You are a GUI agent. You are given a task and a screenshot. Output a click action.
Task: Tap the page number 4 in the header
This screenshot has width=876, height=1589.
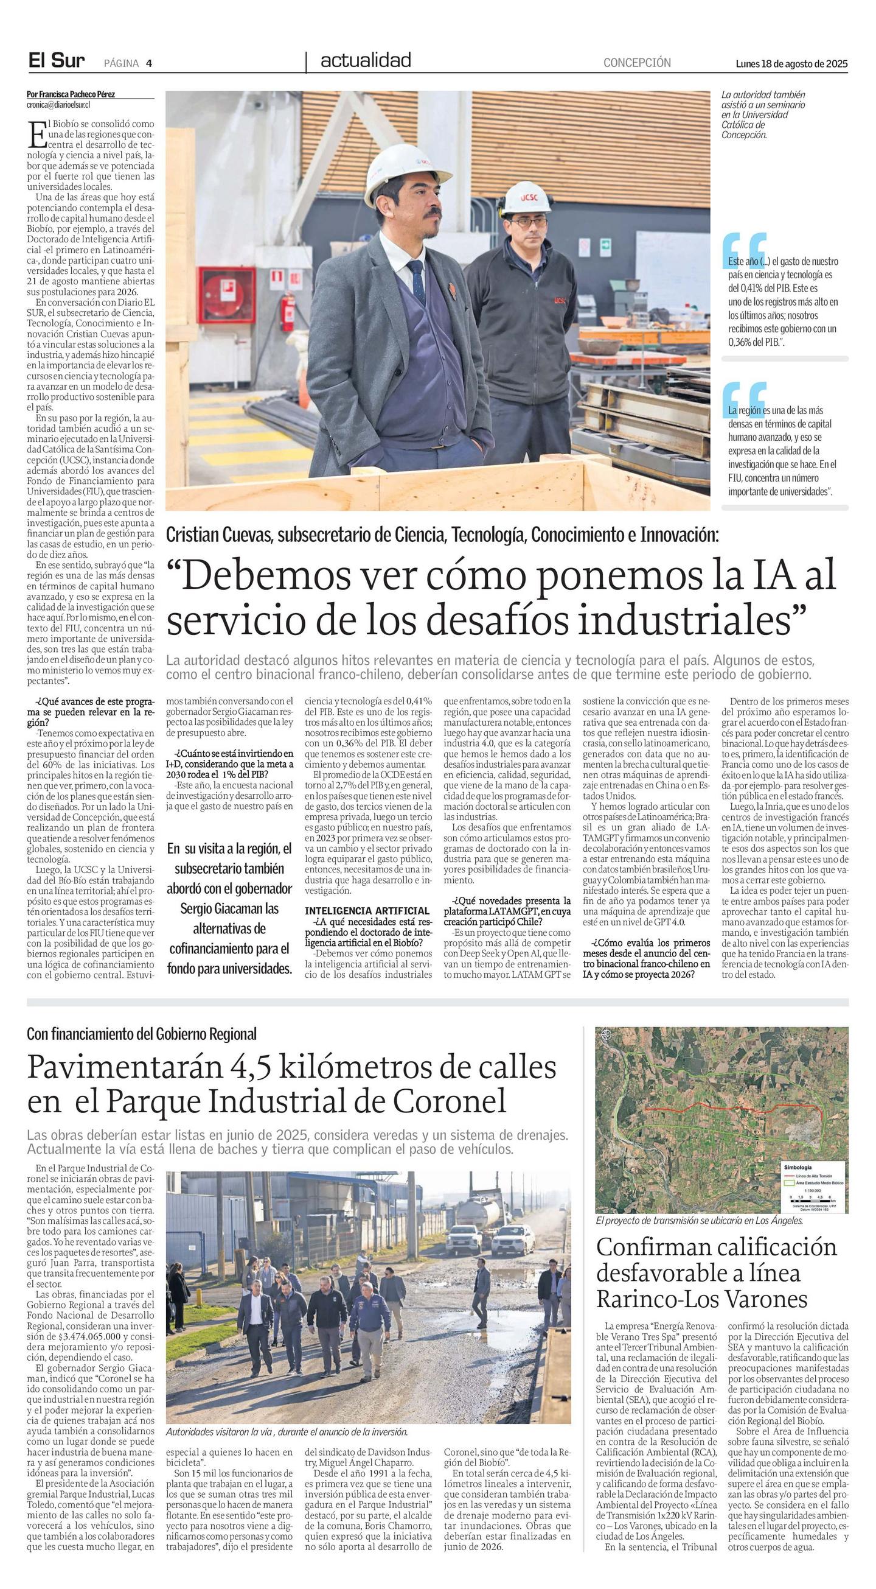(x=149, y=63)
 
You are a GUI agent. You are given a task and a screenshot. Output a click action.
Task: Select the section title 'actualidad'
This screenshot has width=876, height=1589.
(x=366, y=60)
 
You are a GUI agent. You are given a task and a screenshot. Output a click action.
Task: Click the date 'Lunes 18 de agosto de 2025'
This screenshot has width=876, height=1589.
(x=791, y=63)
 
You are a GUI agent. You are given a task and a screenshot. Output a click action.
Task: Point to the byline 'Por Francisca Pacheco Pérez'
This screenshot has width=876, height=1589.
(x=71, y=94)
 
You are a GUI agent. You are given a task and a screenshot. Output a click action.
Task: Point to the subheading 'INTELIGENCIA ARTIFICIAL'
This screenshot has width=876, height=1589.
(x=367, y=910)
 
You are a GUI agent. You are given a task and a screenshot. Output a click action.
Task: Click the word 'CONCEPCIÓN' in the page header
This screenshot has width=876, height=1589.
(x=637, y=63)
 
